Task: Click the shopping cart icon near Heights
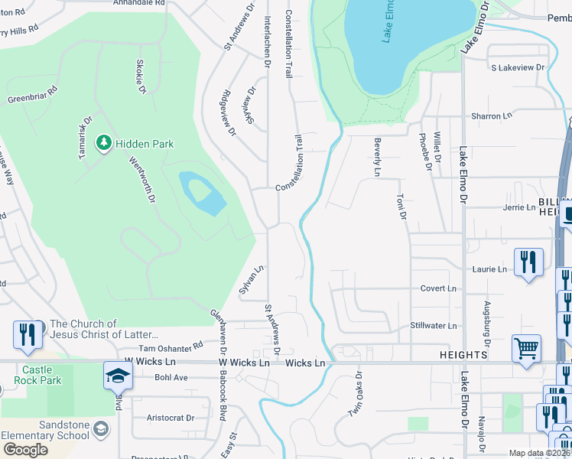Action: (x=526, y=348)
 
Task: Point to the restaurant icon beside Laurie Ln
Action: (x=528, y=262)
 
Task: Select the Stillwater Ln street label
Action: (x=433, y=326)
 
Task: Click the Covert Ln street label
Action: (x=438, y=288)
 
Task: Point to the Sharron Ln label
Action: (x=491, y=116)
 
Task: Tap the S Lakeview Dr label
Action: (x=518, y=67)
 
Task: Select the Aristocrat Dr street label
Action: (x=170, y=418)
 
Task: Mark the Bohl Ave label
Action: (x=171, y=377)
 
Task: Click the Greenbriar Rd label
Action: (x=33, y=94)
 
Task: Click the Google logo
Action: (x=24, y=450)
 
